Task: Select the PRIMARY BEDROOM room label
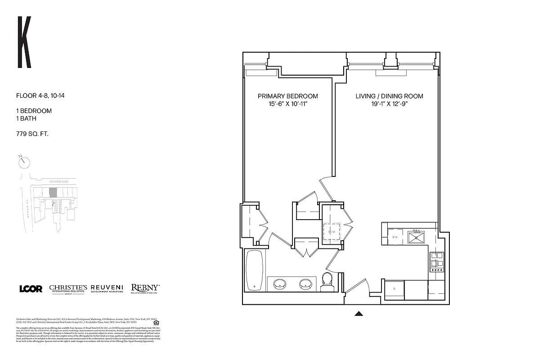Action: click(x=287, y=96)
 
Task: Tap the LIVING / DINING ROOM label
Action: click(x=389, y=96)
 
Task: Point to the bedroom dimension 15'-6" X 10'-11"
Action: click(x=287, y=104)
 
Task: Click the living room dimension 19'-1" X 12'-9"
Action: click(x=389, y=104)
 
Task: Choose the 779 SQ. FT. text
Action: click(x=32, y=133)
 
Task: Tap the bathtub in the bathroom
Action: click(x=256, y=271)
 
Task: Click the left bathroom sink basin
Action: click(x=280, y=284)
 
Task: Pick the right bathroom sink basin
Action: click(x=307, y=284)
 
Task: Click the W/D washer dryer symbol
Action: click(x=332, y=232)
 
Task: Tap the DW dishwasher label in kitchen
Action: click(x=395, y=237)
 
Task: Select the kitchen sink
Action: click(x=417, y=237)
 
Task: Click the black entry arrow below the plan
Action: click(x=359, y=314)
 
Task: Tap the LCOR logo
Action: click(x=31, y=289)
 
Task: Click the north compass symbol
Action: click(x=24, y=161)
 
